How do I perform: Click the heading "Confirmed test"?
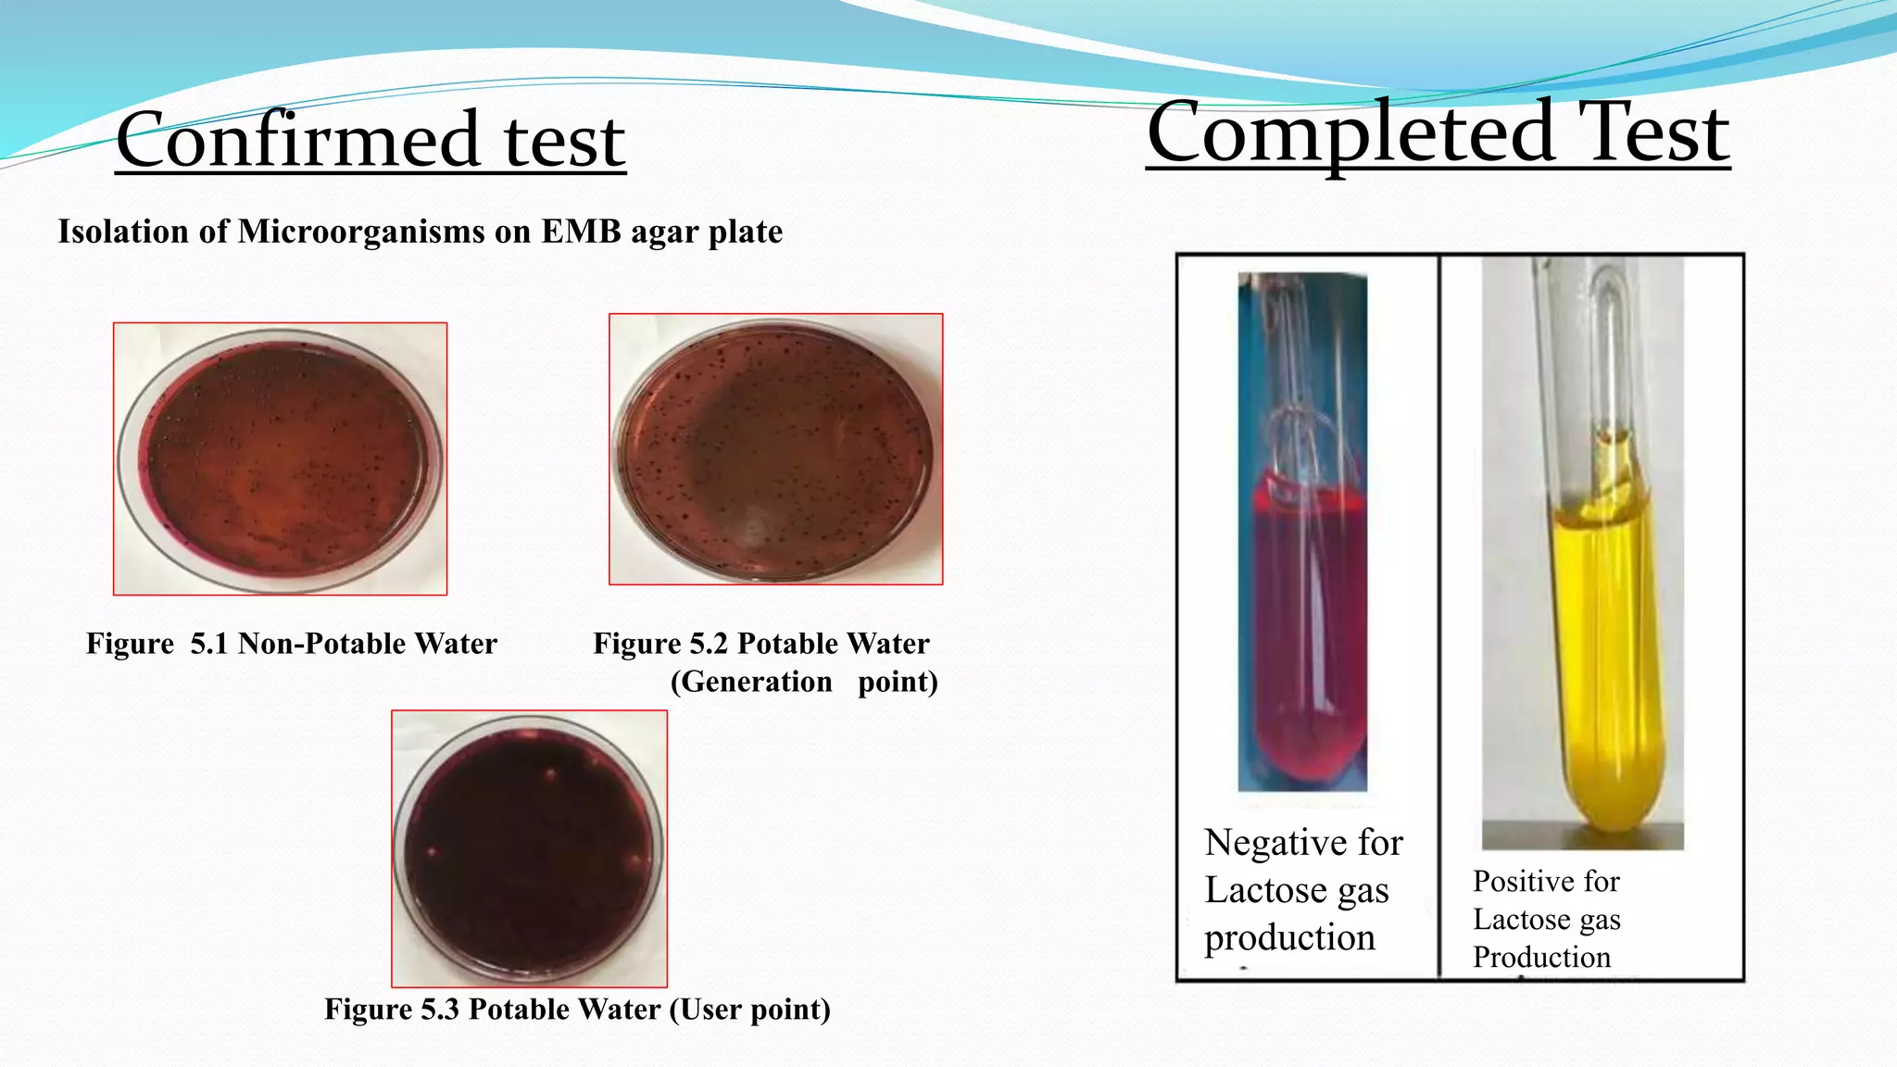pos(371,141)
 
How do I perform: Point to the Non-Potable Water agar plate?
pos(280,458)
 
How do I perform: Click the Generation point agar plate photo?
pos(775,449)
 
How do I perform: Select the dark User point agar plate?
pos(529,848)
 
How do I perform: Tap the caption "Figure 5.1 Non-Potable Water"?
pos(292,644)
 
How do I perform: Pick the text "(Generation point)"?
pos(804,683)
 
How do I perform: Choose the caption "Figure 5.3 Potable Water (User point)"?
pos(577,1009)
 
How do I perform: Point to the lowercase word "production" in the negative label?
pos(1289,938)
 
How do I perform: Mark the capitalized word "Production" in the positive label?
pos(1541,957)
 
